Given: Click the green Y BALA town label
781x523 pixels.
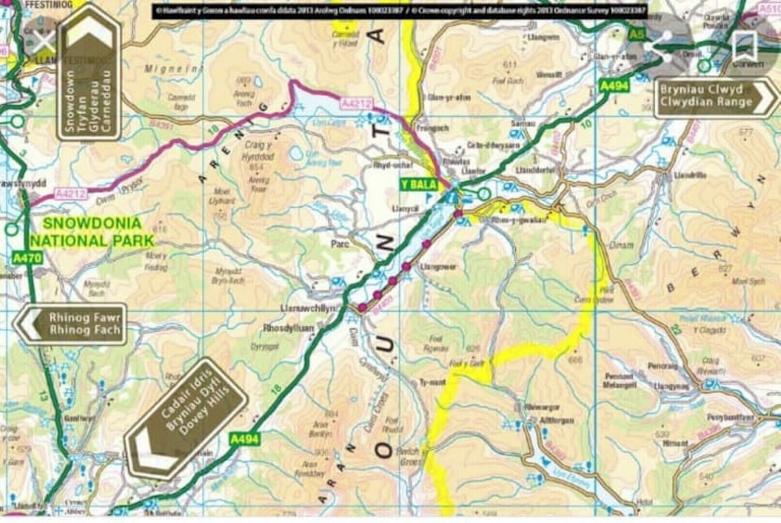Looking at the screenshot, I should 417,185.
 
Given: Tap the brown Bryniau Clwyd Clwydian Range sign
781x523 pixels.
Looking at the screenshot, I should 716,97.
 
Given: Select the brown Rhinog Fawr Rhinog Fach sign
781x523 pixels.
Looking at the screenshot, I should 72,324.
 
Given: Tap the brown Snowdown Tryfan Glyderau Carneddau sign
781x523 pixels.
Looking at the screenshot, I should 89,74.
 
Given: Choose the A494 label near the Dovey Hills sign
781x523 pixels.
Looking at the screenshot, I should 243,438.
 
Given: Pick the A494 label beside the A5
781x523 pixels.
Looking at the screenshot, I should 613,85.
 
